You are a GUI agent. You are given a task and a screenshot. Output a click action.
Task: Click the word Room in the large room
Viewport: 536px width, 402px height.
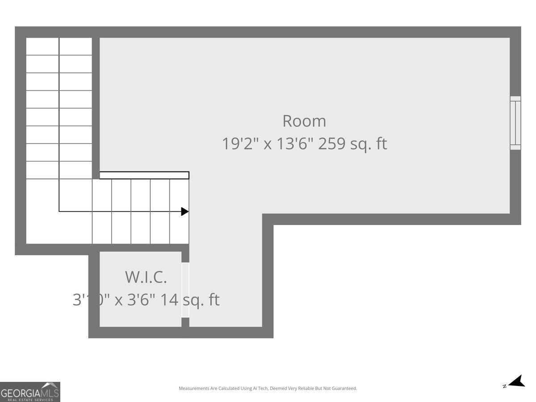(x=304, y=121)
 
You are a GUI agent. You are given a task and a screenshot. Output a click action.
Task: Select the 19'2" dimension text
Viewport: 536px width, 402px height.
(x=240, y=144)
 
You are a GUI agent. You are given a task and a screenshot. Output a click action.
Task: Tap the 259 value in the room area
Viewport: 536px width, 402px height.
(x=332, y=144)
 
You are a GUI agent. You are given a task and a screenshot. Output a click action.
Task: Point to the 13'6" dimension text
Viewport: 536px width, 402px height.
(x=293, y=144)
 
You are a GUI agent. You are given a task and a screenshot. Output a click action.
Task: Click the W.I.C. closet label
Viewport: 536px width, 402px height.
(x=146, y=277)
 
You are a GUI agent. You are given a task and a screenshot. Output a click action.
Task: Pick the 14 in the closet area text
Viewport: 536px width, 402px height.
(x=169, y=300)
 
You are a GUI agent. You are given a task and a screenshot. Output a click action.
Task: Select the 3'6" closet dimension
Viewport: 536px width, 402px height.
(x=141, y=300)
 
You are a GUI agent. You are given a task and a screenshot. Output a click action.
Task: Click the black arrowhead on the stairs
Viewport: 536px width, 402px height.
(x=184, y=211)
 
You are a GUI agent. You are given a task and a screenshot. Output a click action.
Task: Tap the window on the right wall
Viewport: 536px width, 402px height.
(x=515, y=123)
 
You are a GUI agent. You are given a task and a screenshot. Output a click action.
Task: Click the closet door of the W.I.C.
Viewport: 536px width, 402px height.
(x=185, y=289)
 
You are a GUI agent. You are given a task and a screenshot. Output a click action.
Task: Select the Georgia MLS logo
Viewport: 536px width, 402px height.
(x=30, y=392)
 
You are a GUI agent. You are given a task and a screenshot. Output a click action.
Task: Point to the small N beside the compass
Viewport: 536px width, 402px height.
(x=504, y=386)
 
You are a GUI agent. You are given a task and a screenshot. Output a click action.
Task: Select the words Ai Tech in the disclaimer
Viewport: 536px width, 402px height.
(x=262, y=389)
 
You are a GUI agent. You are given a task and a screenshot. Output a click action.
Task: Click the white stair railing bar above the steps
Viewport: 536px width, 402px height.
(x=144, y=175)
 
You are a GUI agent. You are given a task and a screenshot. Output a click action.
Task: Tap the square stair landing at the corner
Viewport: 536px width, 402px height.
(x=42, y=211)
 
